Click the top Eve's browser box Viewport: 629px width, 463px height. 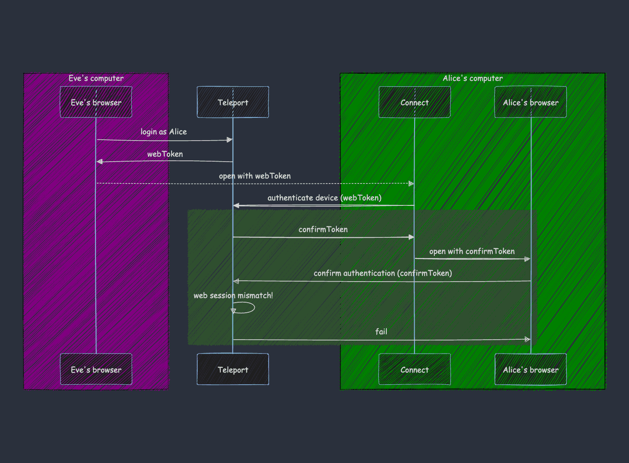click(96, 102)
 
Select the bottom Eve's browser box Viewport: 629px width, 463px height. click(96, 370)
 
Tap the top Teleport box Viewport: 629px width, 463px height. click(233, 102)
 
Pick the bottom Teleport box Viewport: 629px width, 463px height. click(233, 370)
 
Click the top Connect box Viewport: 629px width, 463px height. click(415, 102)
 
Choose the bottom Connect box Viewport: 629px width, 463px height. click(415, 370)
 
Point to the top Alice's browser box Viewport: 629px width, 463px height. click(531, 102)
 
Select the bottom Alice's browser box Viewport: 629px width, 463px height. click(531, 370)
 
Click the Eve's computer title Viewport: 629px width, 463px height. click(96, 78)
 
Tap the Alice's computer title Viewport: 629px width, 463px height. click(473, 78)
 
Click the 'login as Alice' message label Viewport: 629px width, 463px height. click(164, 132)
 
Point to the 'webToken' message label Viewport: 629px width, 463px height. click(165, 154)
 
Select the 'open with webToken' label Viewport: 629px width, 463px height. click(255, 176)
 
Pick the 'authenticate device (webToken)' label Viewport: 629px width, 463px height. click(324, 198)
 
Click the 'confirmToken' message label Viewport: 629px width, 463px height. click(323, 229)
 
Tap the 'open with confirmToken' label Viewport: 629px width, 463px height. click(472, 251)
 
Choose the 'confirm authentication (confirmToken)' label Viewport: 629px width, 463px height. click(383, 273)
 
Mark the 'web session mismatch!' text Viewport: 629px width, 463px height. click(233, 295)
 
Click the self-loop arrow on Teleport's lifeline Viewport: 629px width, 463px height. click(246, 308)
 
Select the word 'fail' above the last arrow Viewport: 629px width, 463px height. click(381, 332)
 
